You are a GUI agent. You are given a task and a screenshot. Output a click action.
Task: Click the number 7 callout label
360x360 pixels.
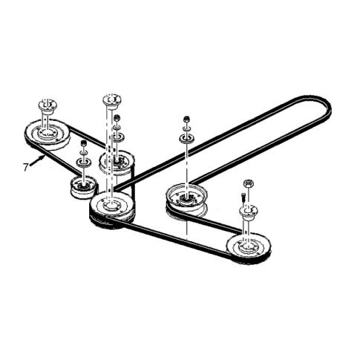(x=26, y=167)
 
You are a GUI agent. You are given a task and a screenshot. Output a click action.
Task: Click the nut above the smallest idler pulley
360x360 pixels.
(x=83, y=143)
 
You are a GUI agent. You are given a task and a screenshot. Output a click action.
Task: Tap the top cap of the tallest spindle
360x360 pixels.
(x=111, y=99)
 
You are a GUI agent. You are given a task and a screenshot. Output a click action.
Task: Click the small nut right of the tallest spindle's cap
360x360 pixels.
(x=117, y=119)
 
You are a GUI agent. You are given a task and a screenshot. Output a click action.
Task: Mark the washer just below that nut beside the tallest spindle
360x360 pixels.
(x=117, y=134)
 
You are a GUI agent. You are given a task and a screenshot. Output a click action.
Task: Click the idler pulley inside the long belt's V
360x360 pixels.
(x=186, y=198)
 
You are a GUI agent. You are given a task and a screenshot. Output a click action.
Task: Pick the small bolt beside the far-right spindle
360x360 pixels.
(x=243, y=198)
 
